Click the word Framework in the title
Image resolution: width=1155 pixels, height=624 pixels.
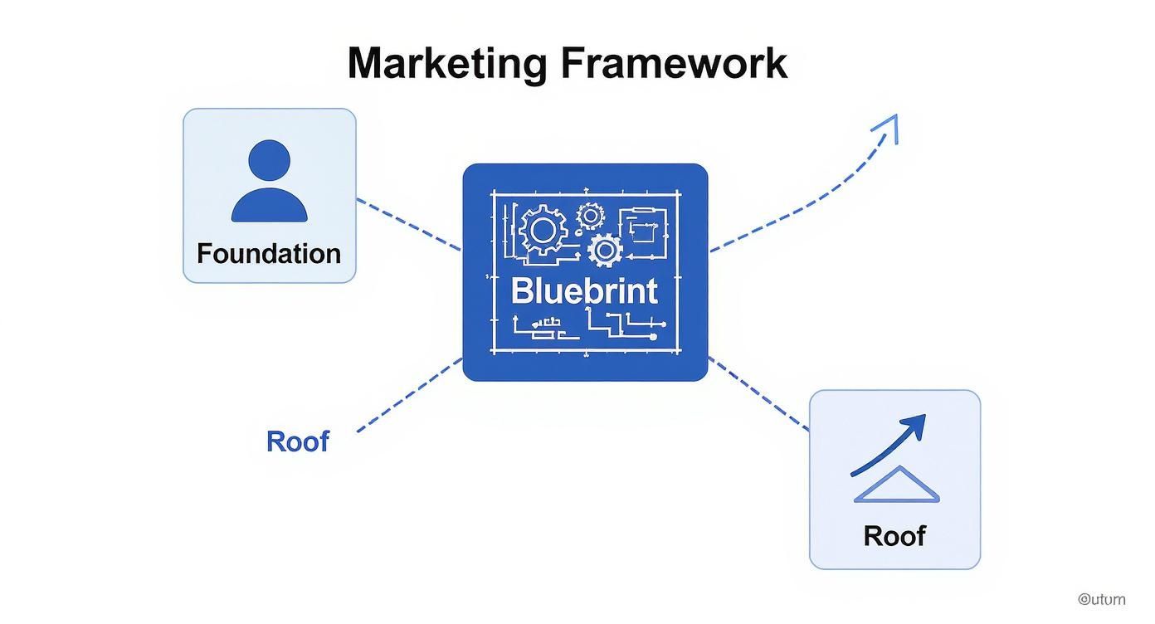coord(673,64)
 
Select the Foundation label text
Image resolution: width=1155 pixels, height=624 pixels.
coord(269,253)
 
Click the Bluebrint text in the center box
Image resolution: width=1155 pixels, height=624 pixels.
coord(584,290)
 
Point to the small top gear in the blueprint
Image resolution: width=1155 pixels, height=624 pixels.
coord(590,216)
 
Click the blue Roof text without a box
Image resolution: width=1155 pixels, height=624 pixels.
coord(298,441)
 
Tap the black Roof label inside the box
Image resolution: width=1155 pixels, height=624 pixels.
coord(894,535)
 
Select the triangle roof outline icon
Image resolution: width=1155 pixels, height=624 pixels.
coord(896,485)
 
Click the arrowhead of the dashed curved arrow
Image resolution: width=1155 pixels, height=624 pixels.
coord(889,125)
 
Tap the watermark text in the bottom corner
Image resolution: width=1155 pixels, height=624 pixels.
coord(1102,599)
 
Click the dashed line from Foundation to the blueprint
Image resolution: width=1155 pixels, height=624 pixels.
coord(408,224)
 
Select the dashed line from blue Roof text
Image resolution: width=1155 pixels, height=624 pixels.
coord(409,395)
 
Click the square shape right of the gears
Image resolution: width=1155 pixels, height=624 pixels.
coord(647,226)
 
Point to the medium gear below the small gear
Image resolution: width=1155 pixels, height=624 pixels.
coord(605,250)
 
